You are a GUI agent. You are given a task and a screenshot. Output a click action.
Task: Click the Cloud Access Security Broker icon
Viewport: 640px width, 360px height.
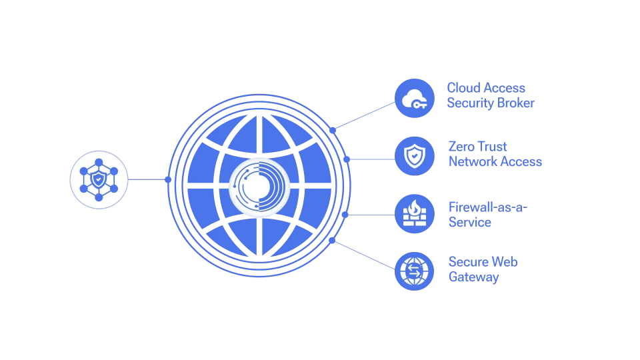(x=415, y=99)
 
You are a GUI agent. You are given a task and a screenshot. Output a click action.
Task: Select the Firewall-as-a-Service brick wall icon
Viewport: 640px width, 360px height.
(x=415, y=214)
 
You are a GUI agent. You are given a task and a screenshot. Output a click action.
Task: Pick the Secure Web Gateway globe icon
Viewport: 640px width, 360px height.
(x=415, y=271)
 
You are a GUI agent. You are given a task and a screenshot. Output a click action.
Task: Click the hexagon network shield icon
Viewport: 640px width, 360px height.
(x=99, y=179)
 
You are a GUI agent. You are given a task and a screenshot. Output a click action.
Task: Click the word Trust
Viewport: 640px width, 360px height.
(x=493, y=147)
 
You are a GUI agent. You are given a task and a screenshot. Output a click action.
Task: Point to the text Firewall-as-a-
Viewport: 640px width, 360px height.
(x=487, y=207)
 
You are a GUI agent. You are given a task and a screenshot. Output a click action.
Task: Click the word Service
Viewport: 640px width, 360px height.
(x=470, y=223)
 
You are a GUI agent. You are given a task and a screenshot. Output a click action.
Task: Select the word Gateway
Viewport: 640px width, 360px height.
(x=473, y=277)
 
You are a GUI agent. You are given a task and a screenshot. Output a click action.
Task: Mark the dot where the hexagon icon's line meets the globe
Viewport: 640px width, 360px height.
(x=168, y=179)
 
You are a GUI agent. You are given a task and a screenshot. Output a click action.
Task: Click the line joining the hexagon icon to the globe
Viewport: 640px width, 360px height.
(x=147, y=179)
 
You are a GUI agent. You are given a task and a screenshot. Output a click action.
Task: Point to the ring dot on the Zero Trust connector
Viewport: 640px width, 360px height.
(x=347, y=159)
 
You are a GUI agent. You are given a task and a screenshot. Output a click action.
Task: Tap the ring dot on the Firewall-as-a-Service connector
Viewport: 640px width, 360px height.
(x=345, y=215)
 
